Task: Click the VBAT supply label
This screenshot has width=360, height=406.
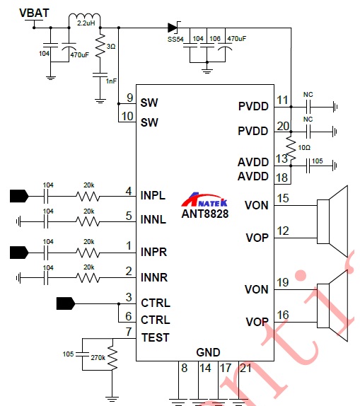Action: click(x=34, y=13)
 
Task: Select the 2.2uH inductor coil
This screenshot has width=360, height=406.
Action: click(x=84, y=16)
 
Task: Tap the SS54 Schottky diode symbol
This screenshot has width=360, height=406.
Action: click(x=173, y=28)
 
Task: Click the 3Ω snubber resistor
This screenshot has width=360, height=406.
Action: click(x=100, y=46)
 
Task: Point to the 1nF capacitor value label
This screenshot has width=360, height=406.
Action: click(x=111, y=81)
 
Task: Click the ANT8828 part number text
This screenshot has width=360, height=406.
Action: click(x=205, y=214)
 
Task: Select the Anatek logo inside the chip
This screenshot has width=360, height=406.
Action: click(x=204, y=199)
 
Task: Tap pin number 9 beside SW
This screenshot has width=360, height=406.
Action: click(x=129, y=98)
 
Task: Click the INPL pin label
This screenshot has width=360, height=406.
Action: click(x=153, y=195)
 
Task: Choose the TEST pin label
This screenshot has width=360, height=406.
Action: click(x=156, y=337)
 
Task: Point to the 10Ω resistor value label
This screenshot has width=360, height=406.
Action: click(x=304, y=148)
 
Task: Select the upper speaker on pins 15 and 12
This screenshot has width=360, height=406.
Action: click(x=332, y=221)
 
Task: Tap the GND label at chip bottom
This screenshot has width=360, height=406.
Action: click(x=208, y=352)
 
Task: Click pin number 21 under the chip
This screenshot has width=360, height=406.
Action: click(x=245, y=369)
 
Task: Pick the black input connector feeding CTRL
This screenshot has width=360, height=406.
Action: click(x=66, y=303)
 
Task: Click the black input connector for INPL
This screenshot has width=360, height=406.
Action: click(x=19, y=196)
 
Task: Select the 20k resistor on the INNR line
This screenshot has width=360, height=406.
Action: click(x=88, y=278)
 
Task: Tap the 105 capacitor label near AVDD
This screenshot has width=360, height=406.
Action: click(x=318, y=161)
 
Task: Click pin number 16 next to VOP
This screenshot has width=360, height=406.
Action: click(x=283, y=315)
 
